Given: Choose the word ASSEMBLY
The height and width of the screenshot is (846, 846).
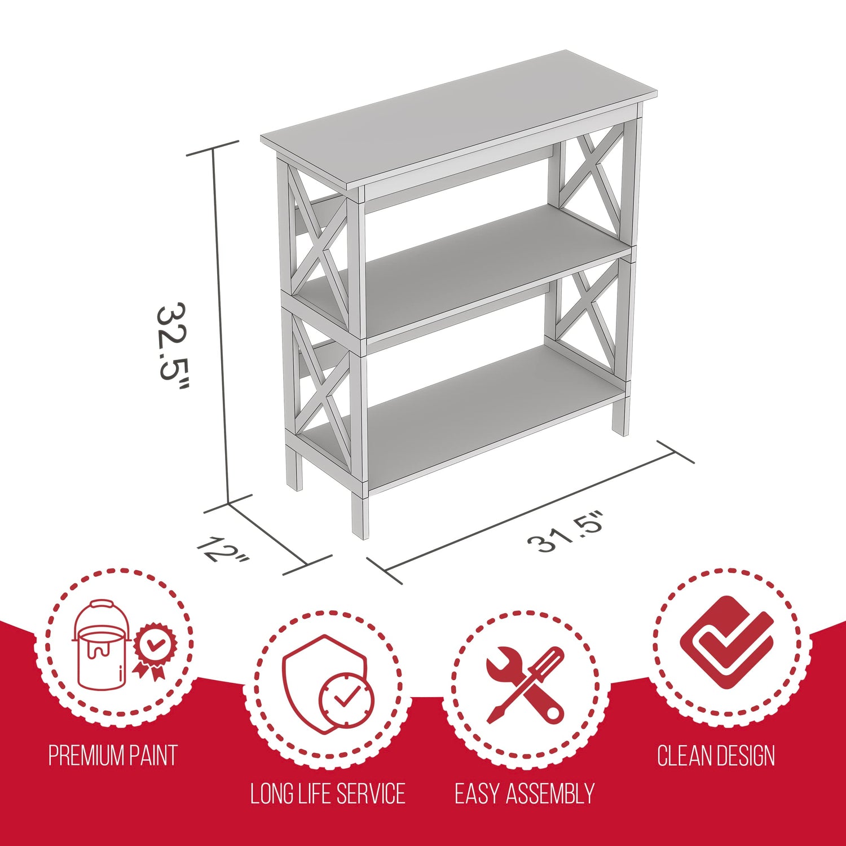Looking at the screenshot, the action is (x=550, y=794).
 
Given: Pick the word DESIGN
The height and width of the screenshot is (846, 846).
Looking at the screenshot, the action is (x=746, y=756).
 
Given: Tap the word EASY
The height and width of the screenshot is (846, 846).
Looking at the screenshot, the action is (x=477, y=794).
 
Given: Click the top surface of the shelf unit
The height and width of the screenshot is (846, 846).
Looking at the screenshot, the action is (x=459, y=119).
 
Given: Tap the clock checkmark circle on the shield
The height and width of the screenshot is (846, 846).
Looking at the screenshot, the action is (x=346, y=700).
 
